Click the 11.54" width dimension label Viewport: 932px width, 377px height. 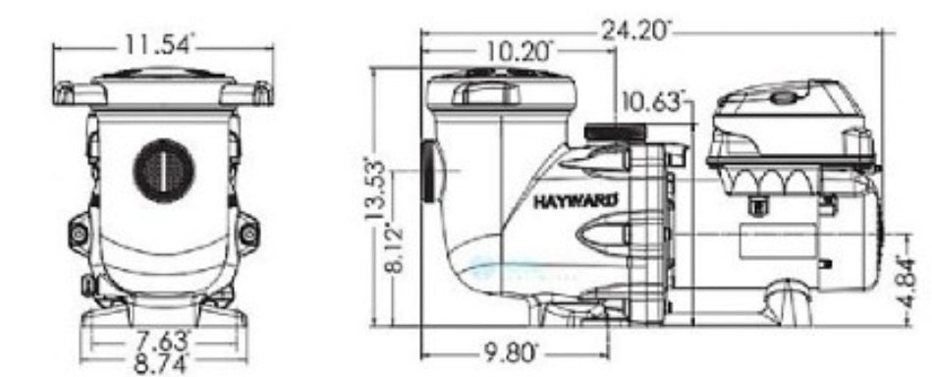(159, 44)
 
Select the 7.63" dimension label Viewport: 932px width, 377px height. (160, 343)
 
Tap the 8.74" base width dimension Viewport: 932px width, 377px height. (160, 360)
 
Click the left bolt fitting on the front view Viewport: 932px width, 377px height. (80, 233)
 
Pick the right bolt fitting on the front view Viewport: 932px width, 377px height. (247, 233)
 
